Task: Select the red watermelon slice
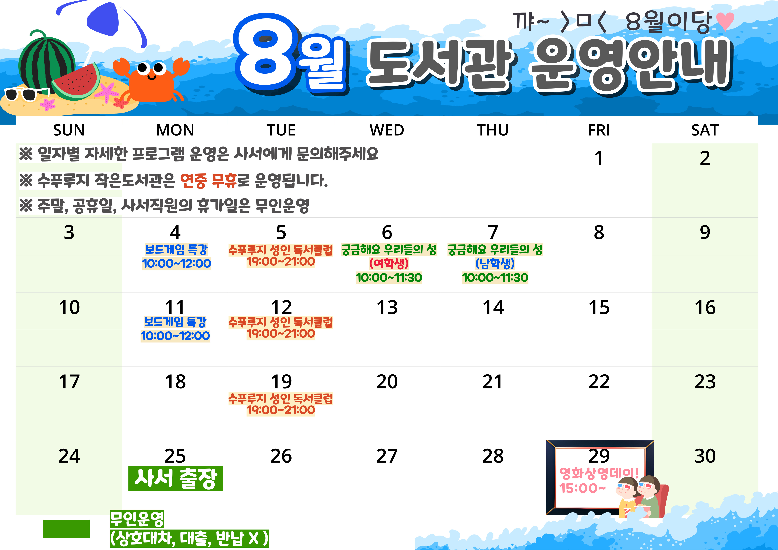76,81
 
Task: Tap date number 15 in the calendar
599,307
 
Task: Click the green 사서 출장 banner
175,478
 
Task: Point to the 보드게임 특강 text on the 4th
176,250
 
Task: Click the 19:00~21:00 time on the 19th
281,410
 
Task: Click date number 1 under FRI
599,158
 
